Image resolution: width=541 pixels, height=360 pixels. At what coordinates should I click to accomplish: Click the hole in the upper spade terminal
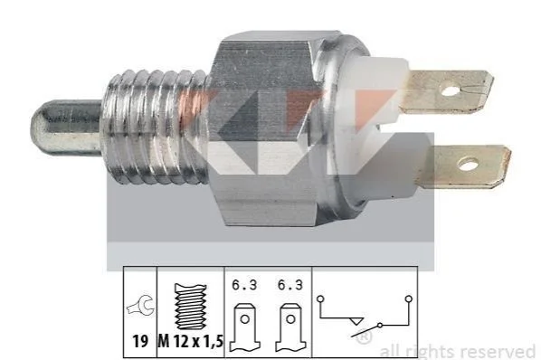coord(451,91)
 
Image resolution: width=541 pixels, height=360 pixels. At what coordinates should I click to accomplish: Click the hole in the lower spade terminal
coord(468,164)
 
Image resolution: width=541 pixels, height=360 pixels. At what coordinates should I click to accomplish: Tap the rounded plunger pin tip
coord(36,127)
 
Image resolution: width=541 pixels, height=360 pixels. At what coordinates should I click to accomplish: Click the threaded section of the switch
coord(157,127)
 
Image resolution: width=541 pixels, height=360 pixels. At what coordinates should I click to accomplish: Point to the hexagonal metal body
coord(266,128)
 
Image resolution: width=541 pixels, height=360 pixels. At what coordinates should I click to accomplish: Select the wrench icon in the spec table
coord(140,306)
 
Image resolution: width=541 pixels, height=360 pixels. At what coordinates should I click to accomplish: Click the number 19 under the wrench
coord(140,341)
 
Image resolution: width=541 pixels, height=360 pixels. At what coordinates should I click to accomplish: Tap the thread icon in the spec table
coord(191,307)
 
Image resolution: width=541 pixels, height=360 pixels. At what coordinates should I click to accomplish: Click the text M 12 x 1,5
coord(191,341)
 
